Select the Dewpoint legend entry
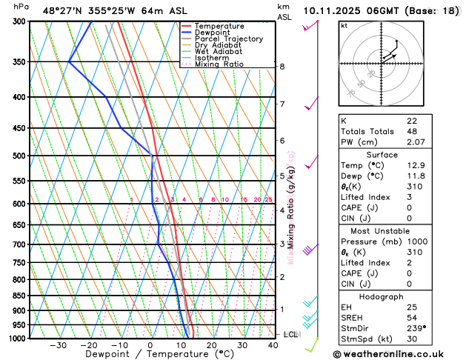pos(214,33)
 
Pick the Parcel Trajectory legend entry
pos(228,39)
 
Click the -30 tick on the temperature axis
pos(59,345)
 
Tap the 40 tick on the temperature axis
pos(273,345)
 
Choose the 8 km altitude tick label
pos(282,67)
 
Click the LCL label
pos(290,334)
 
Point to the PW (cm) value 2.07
pos(416,141)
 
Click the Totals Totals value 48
pos(413,130)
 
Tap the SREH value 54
pos(413,317)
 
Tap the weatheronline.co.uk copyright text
pos(398,353)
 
